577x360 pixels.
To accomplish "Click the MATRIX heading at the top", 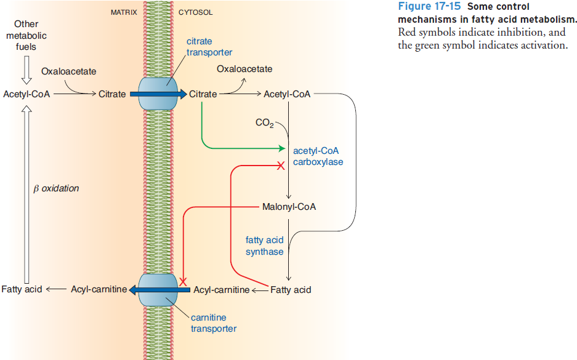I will tap(123, 12).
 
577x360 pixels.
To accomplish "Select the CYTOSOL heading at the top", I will tap(196, 12).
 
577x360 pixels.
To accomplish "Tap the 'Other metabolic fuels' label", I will tap(26, 35).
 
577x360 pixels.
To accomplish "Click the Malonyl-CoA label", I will tap(289, 207).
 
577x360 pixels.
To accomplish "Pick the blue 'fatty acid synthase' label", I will tap(264, 246).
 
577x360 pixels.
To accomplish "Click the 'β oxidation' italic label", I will tap(55, 188).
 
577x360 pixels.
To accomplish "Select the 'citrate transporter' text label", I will tap(209, 47).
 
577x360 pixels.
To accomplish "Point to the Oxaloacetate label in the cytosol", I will tap(244, 69).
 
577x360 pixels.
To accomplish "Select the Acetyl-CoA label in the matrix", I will tap(26, 94).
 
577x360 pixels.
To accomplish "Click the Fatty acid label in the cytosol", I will tap(291, 289).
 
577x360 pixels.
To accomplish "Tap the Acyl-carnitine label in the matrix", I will tap(99, 289).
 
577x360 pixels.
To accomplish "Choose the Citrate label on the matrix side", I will tap(112, 94).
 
